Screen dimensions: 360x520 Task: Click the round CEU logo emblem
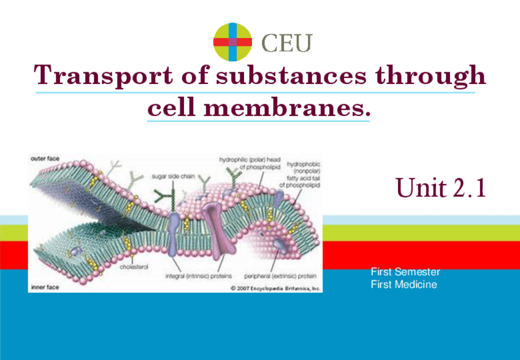(x=232, y=42)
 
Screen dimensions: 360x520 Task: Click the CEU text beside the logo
(x=287, y=43)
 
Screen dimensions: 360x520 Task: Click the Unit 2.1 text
(x=441, y=187)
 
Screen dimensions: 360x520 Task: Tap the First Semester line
(x=405, y=271)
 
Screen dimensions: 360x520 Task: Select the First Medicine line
(x=404, y=285)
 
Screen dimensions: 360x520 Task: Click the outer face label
(x=45, y=158)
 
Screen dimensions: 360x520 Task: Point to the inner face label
(x=45, y=286)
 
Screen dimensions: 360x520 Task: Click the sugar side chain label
(x=174, y=175)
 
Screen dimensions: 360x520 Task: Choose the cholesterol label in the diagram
(x=133, y=267)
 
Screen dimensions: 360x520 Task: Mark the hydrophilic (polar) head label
(x=250, y=163)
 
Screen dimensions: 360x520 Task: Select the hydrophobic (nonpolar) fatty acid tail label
(x=302, y=174)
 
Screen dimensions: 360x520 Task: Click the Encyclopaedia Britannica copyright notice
(x=275, y=286)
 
